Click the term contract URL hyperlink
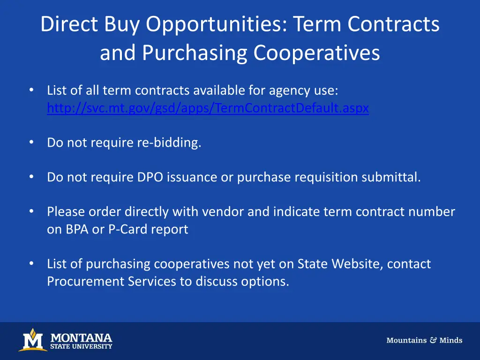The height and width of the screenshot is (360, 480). [208, 108]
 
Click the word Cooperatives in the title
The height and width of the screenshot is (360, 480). [317, 53]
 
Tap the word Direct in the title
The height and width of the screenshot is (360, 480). [68, 24]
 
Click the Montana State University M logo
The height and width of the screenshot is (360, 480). [32, 340]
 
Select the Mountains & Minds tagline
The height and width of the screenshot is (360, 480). [424, 340]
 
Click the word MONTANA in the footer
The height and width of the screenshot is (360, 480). [81, 337]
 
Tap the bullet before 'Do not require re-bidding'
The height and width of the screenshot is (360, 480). [31, 142]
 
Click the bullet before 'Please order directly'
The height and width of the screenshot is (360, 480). [31, 211]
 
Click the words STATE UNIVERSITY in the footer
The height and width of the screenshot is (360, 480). [81, 347]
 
